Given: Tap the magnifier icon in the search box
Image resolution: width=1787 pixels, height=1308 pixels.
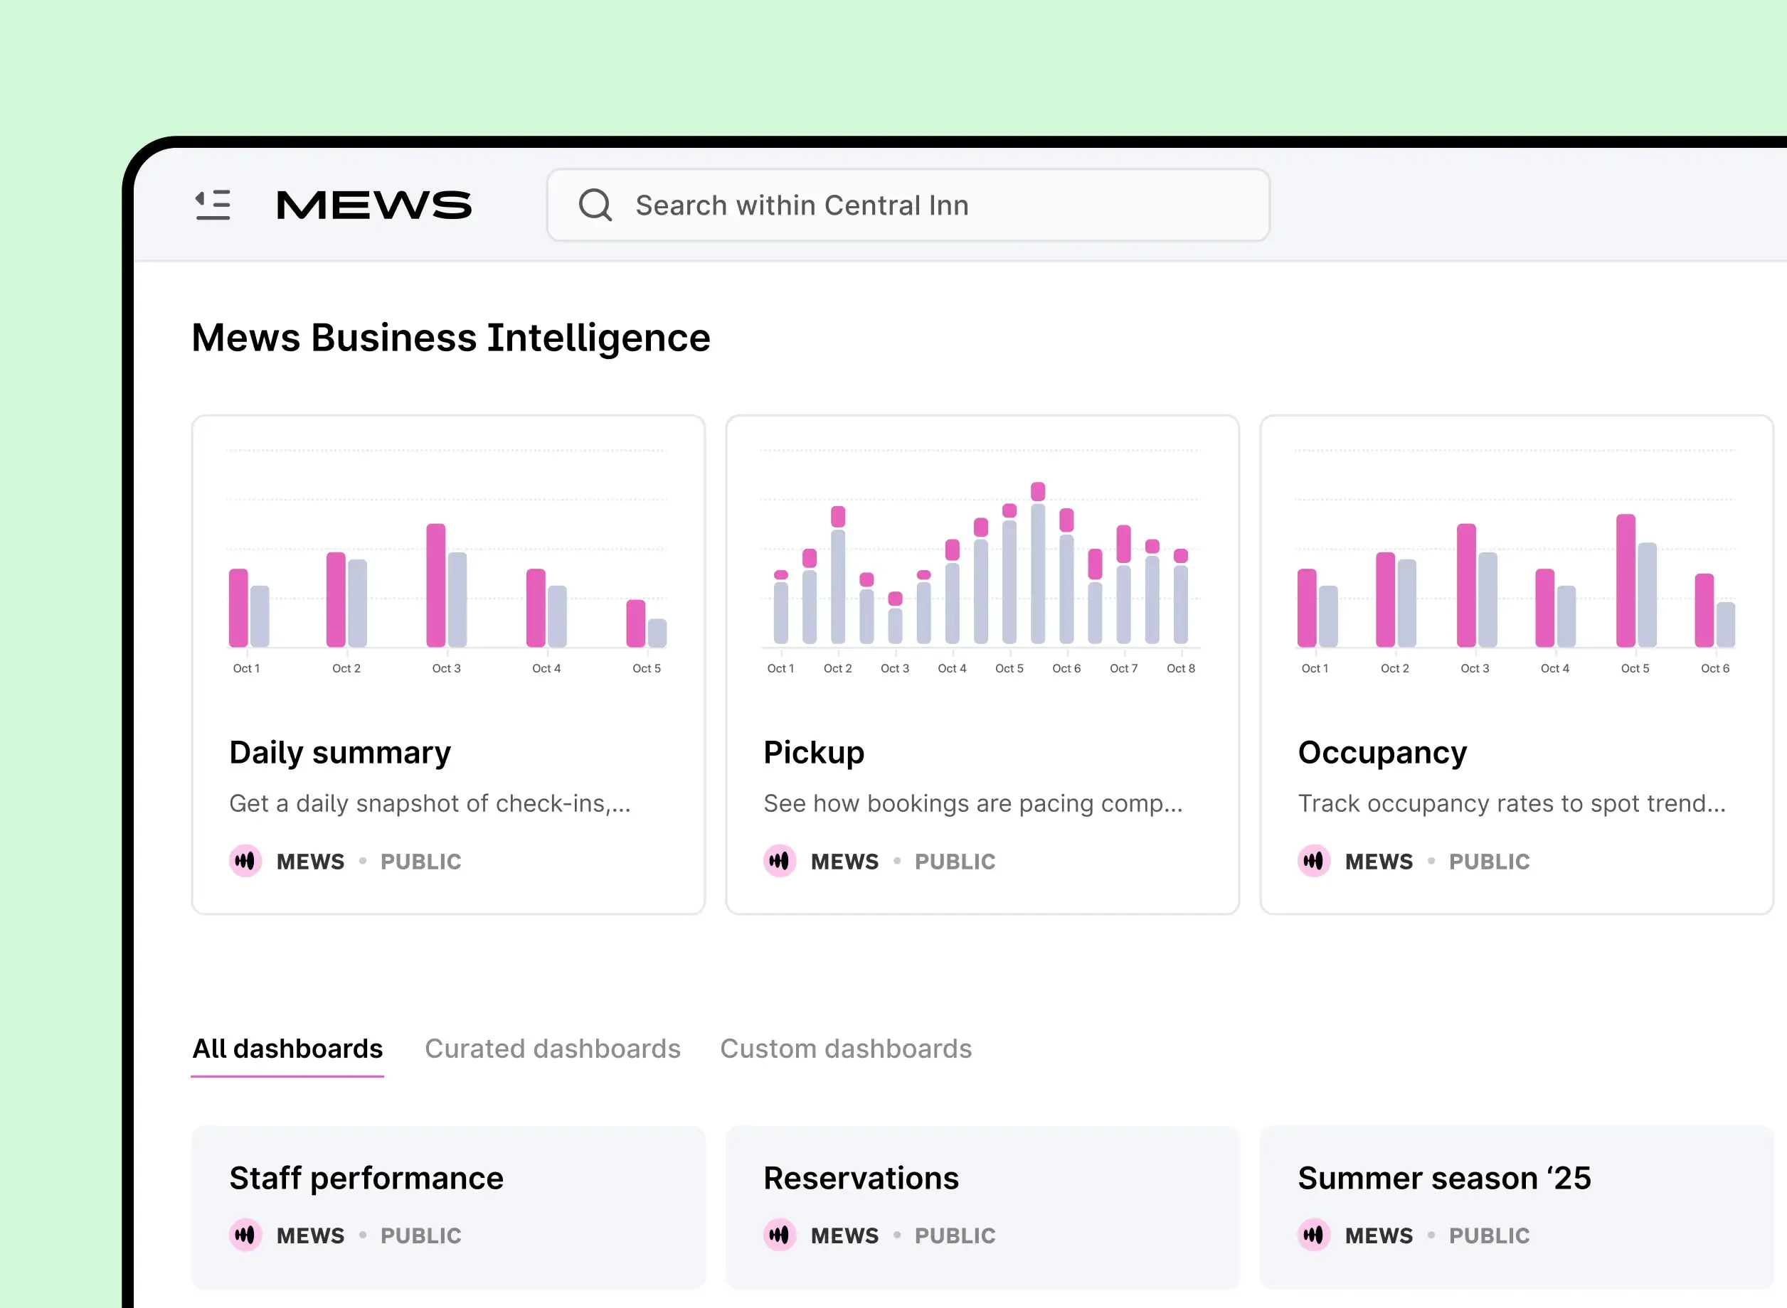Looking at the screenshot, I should (595, 205).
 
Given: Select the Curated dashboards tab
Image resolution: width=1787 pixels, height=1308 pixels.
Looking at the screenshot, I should (552, 1049).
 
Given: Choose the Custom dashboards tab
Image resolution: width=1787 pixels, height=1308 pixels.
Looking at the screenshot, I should (845, 1049).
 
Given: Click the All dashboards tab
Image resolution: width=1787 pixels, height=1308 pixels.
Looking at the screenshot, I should (287, 1049).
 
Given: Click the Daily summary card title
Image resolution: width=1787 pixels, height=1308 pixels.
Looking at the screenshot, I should (340, 752).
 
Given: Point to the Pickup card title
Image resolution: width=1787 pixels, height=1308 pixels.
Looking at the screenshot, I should (814, 752).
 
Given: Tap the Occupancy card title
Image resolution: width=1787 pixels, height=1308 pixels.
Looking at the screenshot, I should (1382, 752).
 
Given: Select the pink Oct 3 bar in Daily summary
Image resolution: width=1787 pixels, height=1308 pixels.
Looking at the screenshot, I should (435, 586).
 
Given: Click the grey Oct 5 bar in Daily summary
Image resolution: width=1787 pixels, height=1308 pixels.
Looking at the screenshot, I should (657, 633).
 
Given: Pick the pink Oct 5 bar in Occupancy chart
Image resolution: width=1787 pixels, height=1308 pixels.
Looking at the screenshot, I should (1626, 581).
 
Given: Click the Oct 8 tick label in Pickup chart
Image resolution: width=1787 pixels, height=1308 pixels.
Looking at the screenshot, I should (1180, 668).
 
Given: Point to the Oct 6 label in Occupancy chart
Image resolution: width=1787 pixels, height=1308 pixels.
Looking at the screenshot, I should (1715, 668).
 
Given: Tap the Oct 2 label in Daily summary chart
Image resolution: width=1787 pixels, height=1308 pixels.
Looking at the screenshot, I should (346, 668).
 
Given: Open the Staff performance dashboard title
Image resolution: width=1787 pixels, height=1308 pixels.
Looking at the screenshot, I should (366, 1178).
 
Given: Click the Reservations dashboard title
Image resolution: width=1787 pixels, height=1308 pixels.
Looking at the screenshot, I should (861, 1178).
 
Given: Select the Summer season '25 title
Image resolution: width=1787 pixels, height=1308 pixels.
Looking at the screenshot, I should (1444, 1178).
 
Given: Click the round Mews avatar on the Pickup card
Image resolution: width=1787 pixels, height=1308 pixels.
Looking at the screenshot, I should (780, 861).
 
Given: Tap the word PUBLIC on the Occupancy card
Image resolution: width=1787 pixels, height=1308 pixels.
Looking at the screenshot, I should (1489, 862).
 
